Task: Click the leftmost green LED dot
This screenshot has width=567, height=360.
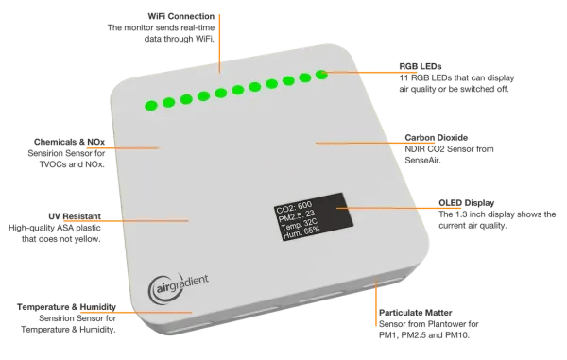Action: coord(148,105)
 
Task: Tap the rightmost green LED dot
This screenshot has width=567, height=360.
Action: coord(321,72)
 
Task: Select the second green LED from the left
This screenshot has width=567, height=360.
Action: coord(167,101)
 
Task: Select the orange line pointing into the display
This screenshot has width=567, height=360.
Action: coord(383,206)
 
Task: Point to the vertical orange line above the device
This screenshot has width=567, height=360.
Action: coord(219,38)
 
